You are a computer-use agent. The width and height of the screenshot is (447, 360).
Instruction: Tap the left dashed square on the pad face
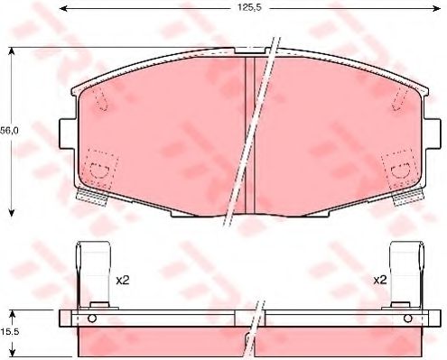[x=97, y=170]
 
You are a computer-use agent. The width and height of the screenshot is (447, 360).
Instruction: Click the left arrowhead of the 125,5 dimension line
[x=73, y=9]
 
